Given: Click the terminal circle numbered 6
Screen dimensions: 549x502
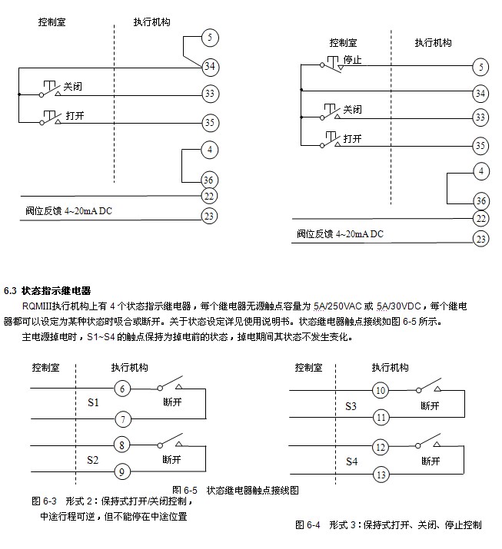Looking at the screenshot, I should pos(121,389).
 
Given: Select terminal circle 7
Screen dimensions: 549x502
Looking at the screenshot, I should pos(121,418).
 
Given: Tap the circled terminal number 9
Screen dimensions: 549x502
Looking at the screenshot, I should pos(121,470).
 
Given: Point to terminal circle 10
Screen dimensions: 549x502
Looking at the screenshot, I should pos(381,391).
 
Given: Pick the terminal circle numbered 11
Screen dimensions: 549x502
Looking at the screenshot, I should pos(381,418).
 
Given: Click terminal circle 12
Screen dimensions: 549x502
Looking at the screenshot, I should pos(381,447).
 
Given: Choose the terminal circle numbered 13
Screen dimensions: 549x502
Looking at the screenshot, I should pos(381,475).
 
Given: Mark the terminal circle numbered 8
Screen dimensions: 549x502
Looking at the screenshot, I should pos(121,445).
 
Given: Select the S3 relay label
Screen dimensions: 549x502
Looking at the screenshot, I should pos(351,405).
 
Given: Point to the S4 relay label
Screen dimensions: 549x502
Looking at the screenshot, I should pos(351,461).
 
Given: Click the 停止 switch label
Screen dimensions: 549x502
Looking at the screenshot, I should pos(352,60).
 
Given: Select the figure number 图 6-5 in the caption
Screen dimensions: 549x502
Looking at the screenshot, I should pos(185,489).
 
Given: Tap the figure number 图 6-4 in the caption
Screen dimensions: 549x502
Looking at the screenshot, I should pos(308,524).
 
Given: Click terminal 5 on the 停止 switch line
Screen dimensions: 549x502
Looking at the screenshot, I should pos(480,67).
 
